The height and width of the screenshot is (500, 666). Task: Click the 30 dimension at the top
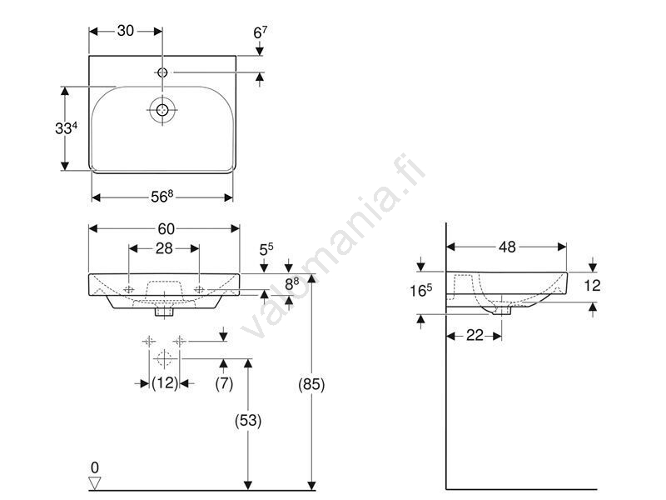pos(126,31)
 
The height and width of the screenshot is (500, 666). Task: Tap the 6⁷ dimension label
pos(261,32)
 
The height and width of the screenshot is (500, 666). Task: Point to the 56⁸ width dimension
pos(162,197)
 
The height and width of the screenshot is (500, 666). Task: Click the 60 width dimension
pos(165,228)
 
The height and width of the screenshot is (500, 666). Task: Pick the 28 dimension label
pos(164,248)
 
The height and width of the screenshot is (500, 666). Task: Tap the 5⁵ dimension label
pos(266,248)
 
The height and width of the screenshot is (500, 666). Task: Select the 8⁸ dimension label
pos(292,283)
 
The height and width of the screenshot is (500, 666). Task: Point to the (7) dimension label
pos(223,383)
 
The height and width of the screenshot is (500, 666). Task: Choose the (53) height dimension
pos(247,421)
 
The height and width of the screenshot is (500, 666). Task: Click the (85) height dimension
pos(311,384)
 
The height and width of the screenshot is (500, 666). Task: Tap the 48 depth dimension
pos(507,247)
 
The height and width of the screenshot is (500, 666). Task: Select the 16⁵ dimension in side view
pos(421,291)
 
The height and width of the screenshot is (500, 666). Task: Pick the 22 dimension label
pos(474,335)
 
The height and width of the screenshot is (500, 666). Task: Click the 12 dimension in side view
pos(592,285)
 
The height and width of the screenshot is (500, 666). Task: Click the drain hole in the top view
pos(161,108)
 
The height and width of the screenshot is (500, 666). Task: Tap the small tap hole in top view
pos(162,73)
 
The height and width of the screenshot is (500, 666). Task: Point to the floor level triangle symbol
pos(94,483)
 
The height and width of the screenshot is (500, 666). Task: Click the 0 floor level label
pos(94,467)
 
